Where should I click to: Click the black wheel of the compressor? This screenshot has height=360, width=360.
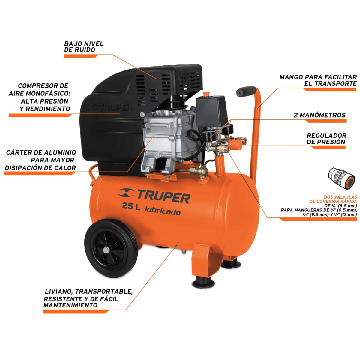click(111, 250)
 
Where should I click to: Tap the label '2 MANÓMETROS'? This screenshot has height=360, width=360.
click(319, 115)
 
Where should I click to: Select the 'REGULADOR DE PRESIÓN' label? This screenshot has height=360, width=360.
click(326, 139)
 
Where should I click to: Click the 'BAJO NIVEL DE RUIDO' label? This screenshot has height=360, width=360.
click(84, 46)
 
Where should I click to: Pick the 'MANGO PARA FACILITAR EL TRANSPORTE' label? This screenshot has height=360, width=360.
click(318, 80)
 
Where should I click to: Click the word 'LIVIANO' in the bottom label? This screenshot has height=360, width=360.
click(58, 291)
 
